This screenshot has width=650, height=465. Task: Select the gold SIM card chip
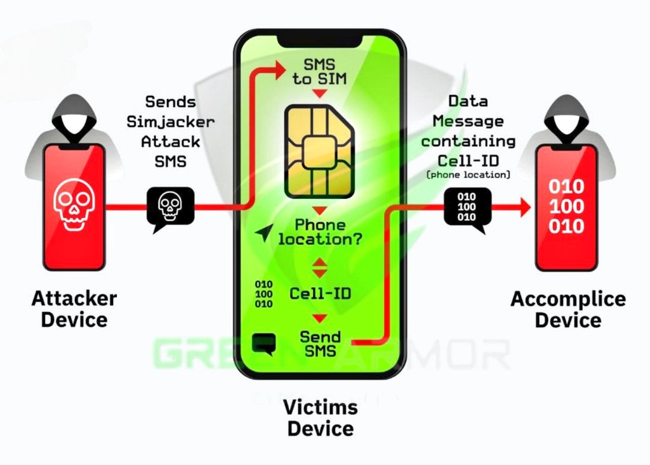point(320,151)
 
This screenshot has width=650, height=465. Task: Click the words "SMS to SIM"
point(320,72)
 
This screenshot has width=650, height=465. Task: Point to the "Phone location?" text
point(320,232)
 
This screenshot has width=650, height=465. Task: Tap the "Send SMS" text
point(320,343)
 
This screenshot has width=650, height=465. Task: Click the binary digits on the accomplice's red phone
point(566,206)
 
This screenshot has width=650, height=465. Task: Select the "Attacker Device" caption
point(74,308)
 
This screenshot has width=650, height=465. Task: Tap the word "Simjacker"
point(170,121)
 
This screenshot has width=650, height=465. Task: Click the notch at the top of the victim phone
point(320,39)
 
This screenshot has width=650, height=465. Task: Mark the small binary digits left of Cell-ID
point(263,293)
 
